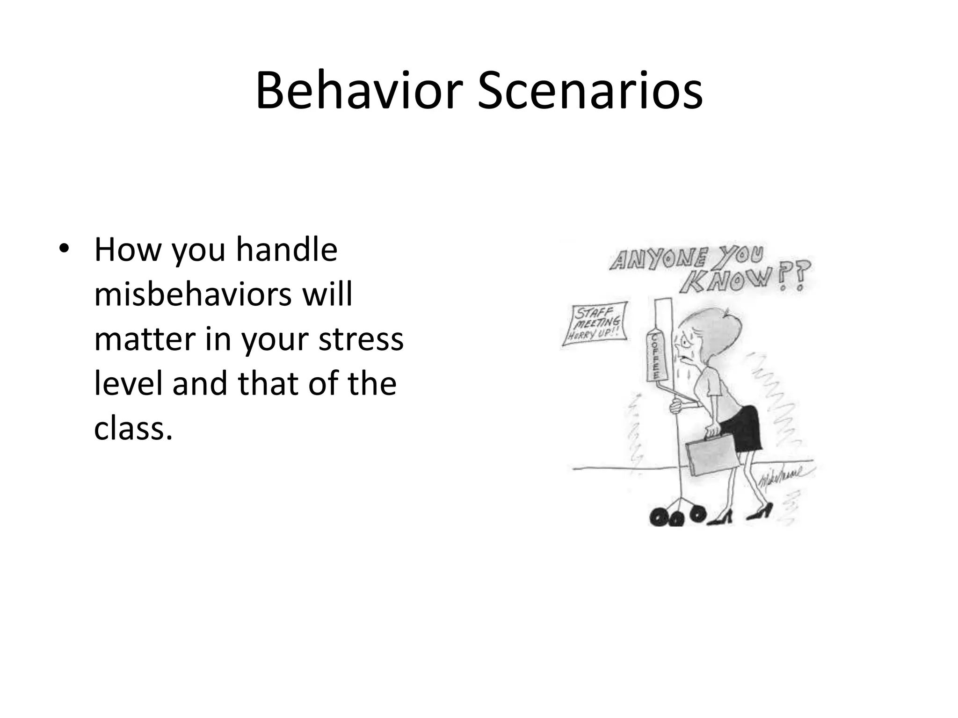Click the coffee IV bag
654,356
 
